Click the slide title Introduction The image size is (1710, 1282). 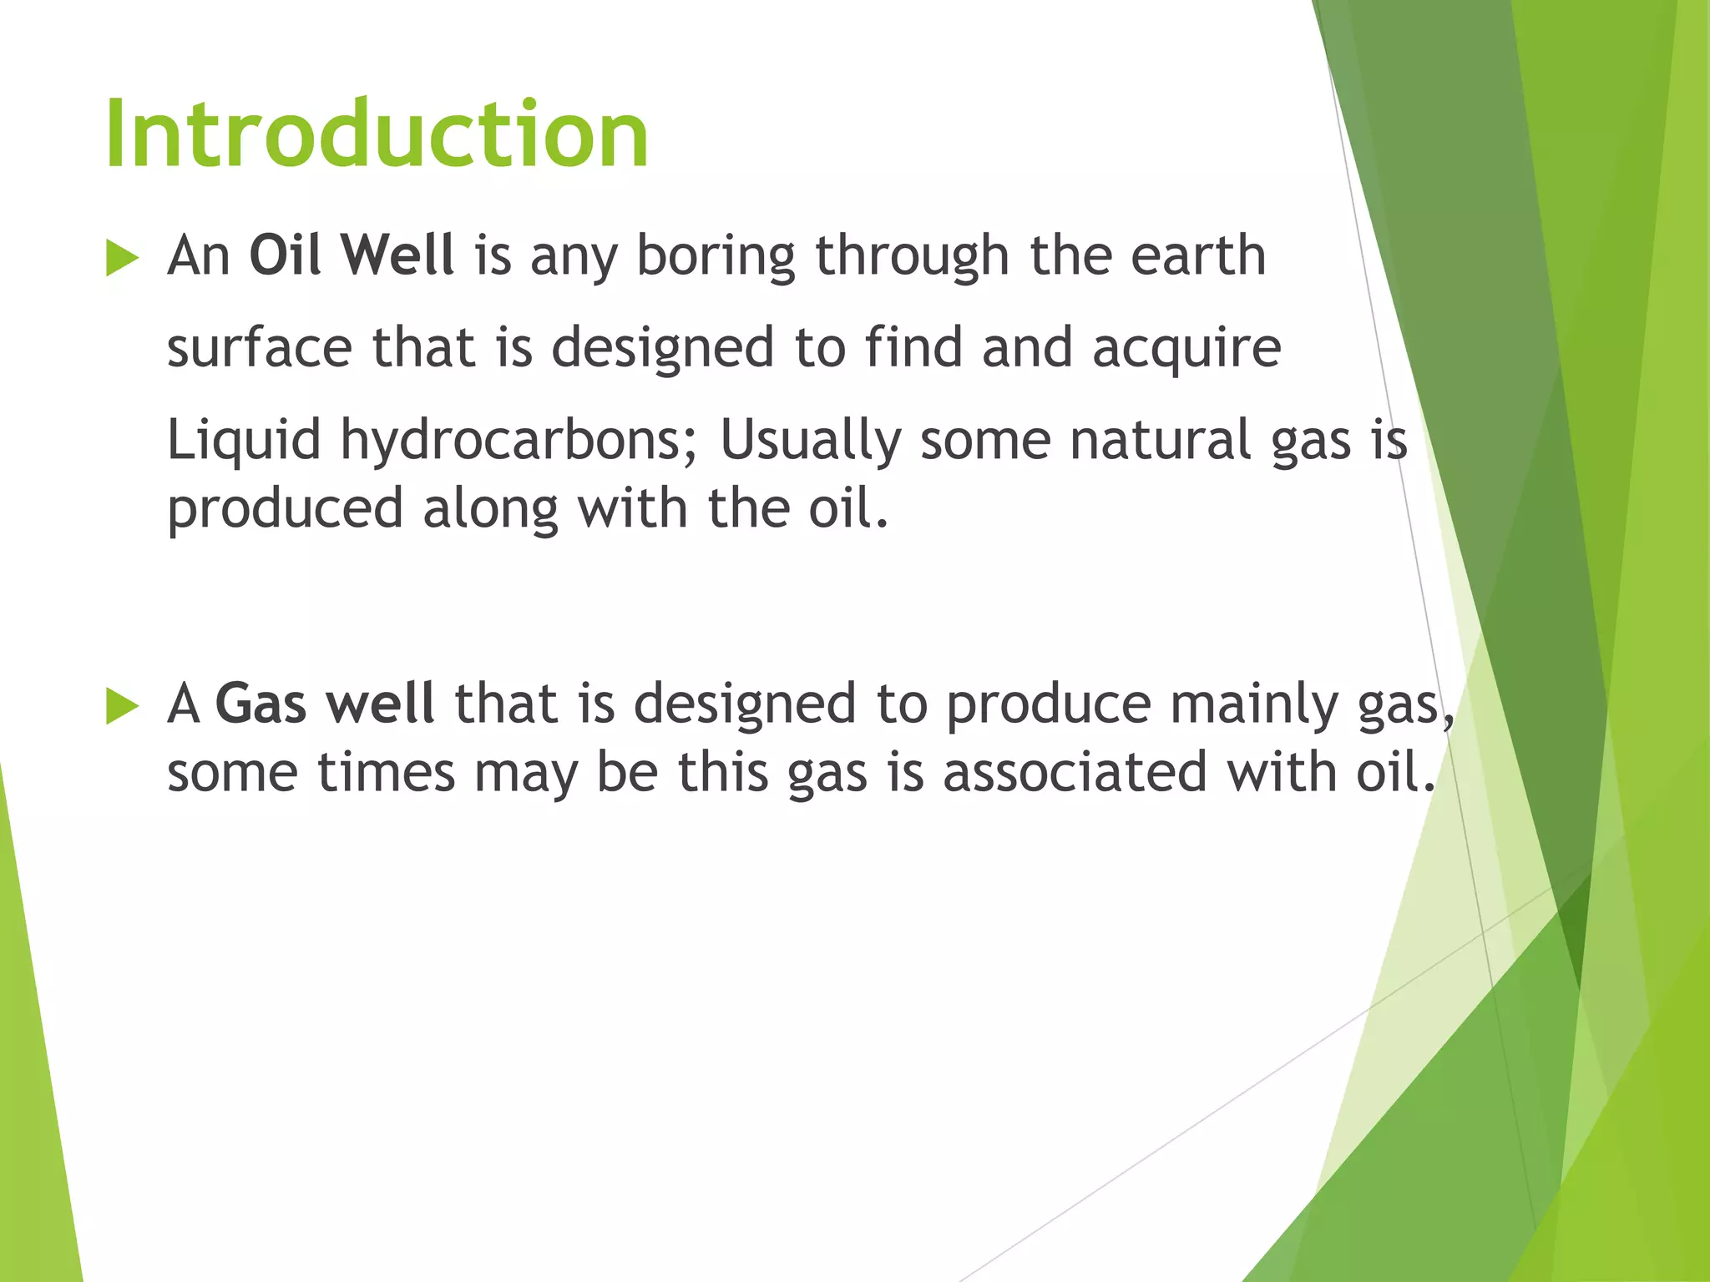point(377,134)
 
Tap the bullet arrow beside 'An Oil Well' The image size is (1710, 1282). point(122,259)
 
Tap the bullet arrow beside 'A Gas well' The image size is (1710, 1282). point(122,707)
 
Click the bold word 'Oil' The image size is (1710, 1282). point(285,255)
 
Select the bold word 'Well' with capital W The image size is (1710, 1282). point(398,255)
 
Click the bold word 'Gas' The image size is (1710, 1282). point(261,703)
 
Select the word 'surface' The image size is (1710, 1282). point(260,348)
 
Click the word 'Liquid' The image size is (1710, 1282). point(244,441)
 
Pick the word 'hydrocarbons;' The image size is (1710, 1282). point(519,441)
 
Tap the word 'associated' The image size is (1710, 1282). point(1075,772)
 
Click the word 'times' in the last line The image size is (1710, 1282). point(387,772)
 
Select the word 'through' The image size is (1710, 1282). point(912,256)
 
